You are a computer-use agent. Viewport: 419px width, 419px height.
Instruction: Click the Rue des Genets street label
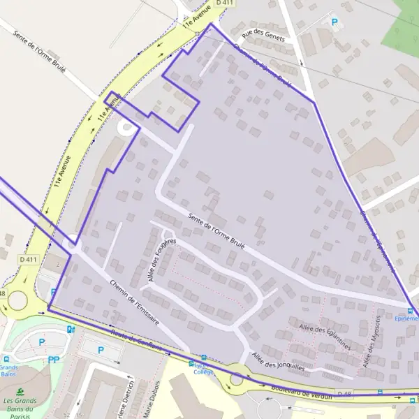(263, 34)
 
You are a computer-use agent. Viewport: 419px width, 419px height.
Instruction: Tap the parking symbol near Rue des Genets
(334, 22)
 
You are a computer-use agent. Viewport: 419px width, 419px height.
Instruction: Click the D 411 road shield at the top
(224, 3)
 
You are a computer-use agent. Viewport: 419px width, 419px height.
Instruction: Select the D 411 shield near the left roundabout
(28, 260)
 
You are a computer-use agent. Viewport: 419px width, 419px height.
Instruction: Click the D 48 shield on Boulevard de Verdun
(344, 395)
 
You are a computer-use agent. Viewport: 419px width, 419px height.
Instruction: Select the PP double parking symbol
(54, 360)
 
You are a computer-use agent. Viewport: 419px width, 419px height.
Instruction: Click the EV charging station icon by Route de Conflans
(70, 330)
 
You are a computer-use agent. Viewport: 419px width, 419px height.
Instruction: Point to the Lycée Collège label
(203, 368)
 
